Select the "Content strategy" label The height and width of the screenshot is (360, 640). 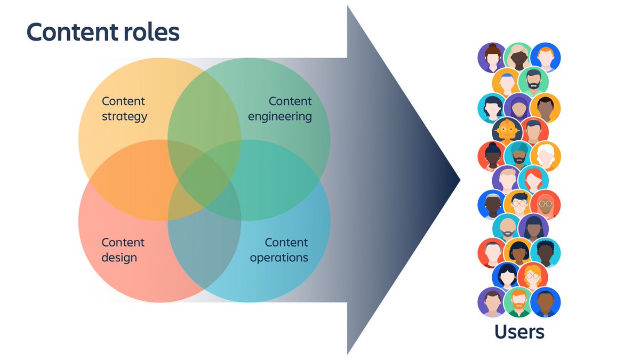click(124, 109)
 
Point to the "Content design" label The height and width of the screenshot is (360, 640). click(123, 250)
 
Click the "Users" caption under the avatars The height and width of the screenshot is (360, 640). click(519, 332)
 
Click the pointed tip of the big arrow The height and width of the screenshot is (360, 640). click(459, 180)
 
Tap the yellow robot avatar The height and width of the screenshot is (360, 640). click(506, 131)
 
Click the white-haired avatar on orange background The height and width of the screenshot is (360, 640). click(545, 155)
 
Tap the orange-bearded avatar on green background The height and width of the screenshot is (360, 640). click(518, 301)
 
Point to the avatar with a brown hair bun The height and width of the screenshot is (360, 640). click(491, 57)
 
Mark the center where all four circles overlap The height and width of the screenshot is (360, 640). click(204, 180)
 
